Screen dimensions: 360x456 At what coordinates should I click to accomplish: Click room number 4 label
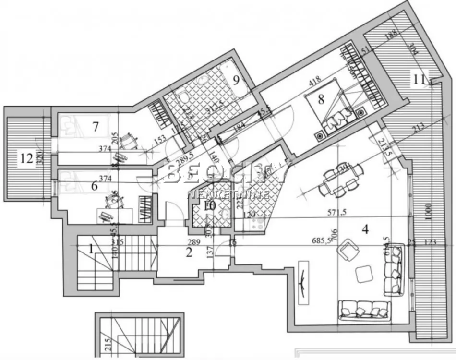[x=365, y=230]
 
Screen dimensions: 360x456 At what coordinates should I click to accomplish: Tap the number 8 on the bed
[x=321, y=99]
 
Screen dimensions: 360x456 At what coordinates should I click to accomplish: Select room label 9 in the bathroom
[x=236, y=80]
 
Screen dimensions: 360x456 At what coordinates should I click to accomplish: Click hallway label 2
[x=189, y=253]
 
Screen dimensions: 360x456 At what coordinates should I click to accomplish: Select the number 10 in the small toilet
[x=209, y=207]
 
